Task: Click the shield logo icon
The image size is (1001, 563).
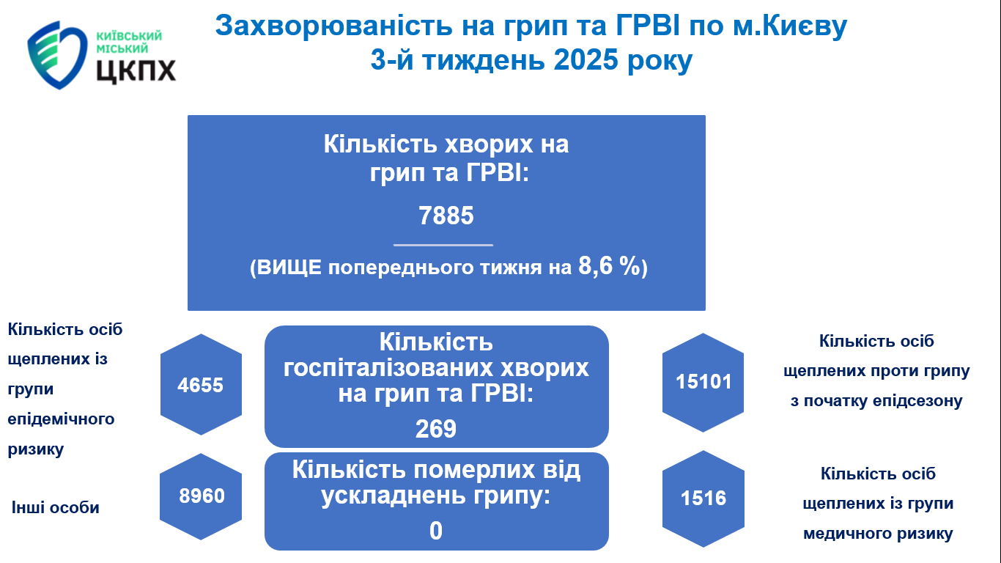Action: click(57, 54)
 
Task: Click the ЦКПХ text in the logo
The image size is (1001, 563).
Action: click(136, 70)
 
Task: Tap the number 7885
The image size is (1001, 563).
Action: click(446, 216)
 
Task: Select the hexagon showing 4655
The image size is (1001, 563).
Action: click(201, 385)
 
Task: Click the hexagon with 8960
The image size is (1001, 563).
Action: click(201, 496)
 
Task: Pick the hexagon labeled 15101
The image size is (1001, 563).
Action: click(703, 383)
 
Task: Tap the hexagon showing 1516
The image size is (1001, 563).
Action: click(703, 498)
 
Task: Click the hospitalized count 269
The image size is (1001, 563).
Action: click(436, 429)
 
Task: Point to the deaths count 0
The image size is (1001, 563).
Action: click(436, 531)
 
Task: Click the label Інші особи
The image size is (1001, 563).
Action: click(56, 507)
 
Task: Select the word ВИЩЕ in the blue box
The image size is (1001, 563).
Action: click(289, 268)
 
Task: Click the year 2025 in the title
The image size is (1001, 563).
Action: click(586, 59)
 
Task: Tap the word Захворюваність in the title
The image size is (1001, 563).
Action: click(334, 26)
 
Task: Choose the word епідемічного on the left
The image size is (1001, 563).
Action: click(62, 419)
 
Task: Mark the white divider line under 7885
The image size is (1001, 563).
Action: click(443, 245)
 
